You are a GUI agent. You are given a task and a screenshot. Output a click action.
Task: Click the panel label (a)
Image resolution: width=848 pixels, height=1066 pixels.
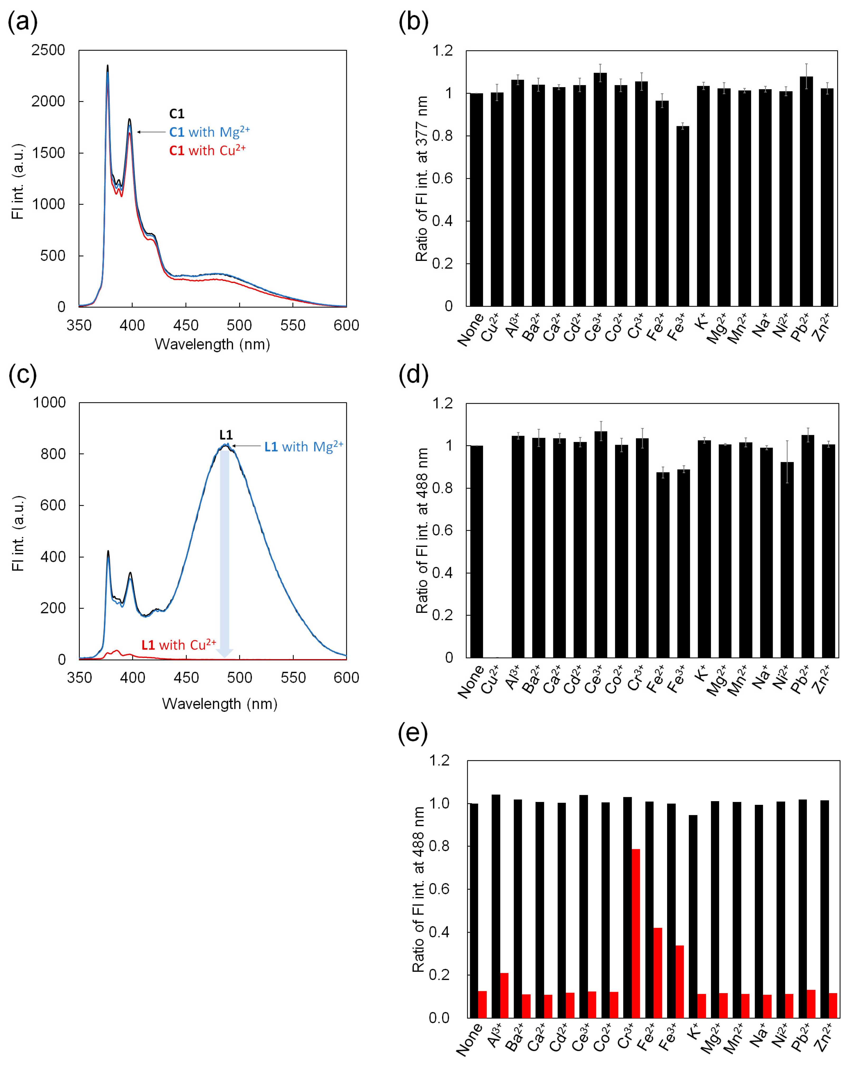pos(22,22)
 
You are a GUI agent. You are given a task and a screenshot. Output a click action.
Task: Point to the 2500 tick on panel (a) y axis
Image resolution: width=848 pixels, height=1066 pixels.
pos(48,50)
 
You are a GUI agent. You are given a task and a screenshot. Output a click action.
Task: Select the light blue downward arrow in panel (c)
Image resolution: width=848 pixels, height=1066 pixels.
pos(224,554)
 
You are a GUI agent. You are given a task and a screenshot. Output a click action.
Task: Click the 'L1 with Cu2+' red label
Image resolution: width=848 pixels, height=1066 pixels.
pos(179,645)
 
